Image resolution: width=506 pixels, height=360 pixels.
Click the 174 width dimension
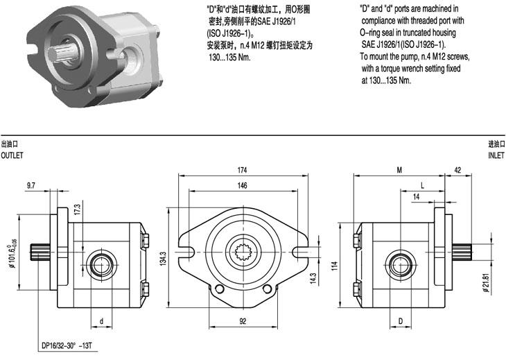pos(243,170)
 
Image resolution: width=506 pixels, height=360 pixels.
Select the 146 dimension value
pos(243,186)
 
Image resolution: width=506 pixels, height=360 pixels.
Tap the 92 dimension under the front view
pos(243,322)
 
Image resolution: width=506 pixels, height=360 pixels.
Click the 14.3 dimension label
pos(313,278)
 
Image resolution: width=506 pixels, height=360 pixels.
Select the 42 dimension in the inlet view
pos(457,170)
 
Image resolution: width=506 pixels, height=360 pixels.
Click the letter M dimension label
pos(399,170)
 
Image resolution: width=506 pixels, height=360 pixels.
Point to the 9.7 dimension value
pos(31,185)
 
